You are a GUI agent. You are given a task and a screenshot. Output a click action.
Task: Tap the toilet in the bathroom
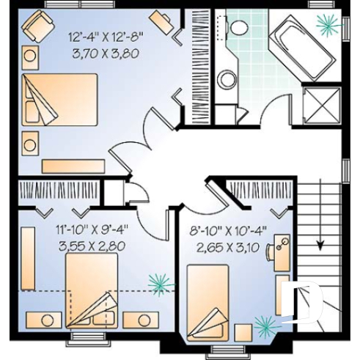point(238,29)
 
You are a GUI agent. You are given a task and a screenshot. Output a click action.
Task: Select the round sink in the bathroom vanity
point(229,78)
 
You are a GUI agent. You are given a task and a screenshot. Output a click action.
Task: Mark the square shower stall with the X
point(318,106)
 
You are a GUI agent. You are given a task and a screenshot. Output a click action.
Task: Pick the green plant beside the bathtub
point(327,23)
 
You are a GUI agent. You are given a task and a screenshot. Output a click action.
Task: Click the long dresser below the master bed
point(73,166)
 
